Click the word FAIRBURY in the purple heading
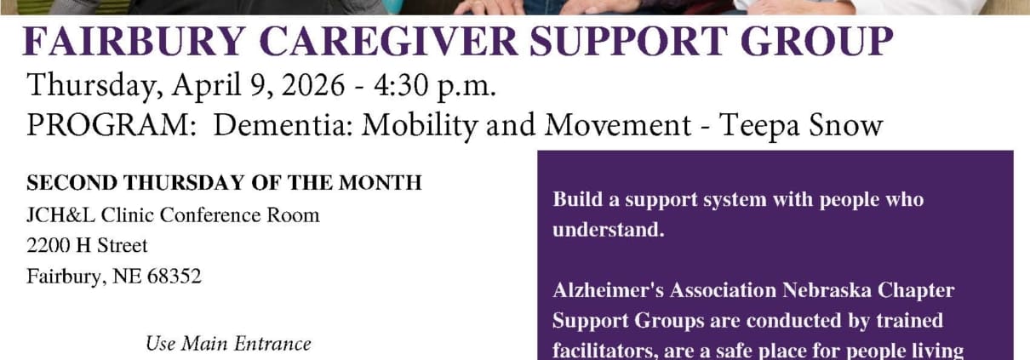tap(134, 41)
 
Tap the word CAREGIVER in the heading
tap(389, 41)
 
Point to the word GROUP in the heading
tap(817, 41)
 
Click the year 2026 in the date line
tap(313, 85)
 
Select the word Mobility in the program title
tap(420, 126)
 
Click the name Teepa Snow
tap(800, 126)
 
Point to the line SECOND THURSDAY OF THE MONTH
tap(224, 183)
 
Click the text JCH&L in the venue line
tap(60, 215)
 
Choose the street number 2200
tap(48, 245)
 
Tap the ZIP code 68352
tap(175, 277)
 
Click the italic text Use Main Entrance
tap(228, 344)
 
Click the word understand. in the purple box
tap(609, 230)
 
